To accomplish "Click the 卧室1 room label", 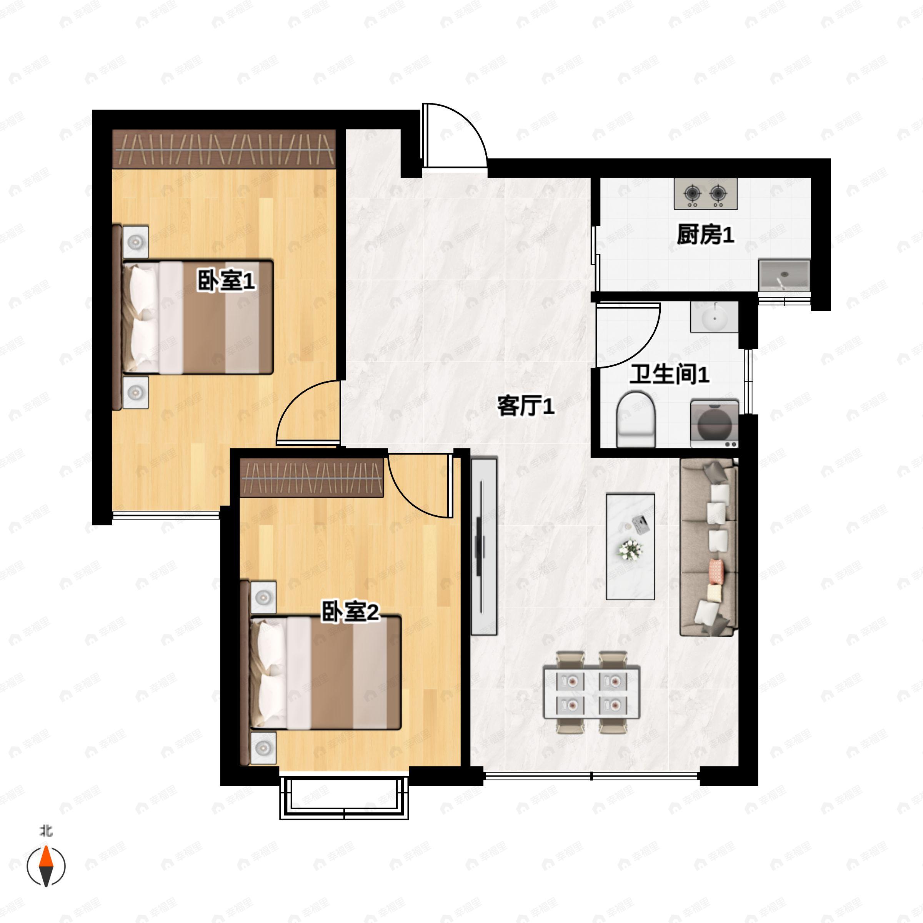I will [x=227, y=280].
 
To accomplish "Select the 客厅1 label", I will [x=525, y=407].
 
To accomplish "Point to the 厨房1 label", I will [x=705, y=235].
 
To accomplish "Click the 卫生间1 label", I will [x=669, y=374].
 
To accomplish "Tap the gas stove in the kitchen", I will [x=705, y=193].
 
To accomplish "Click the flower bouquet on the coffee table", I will [x=630, y=550].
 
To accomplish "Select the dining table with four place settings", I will [x=591, y=692].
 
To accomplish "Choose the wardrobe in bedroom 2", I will [x=312, y=478].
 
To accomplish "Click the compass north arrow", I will [x=46, y=866].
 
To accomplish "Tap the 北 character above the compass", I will [x=46, y=831].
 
